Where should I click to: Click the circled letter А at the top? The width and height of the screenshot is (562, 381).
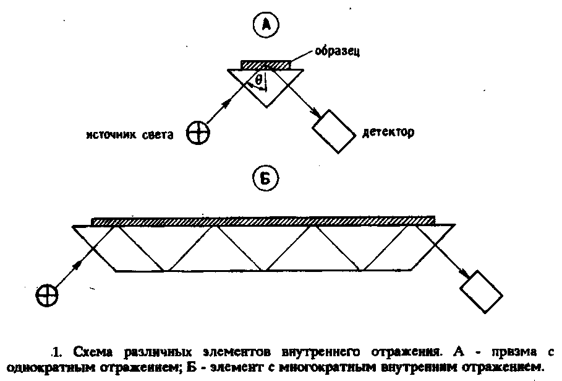tap(266, 25)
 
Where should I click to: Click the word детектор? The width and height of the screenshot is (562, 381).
tap(389, 133)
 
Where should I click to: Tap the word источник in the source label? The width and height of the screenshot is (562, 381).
tap(113, 134)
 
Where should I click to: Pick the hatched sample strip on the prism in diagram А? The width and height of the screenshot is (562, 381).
tap(265, 64)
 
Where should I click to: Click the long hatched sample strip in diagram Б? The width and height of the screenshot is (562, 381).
tap(263, 221)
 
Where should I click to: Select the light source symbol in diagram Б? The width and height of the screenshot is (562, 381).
tap(47, 293)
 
